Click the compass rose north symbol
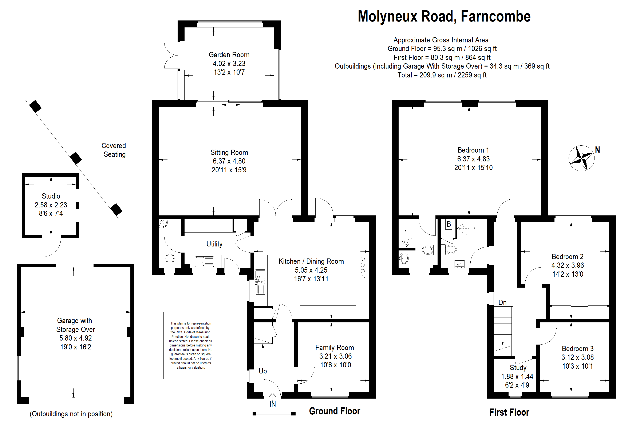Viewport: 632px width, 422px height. (581, 158)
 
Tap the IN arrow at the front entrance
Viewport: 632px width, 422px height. (272, 396)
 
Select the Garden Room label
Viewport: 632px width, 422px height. (229, 55)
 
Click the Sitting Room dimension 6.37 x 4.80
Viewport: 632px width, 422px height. (229, 161)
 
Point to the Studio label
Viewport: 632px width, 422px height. (51, 196)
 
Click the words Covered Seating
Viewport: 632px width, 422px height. (114, 150)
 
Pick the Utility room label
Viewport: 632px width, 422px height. (214, 244)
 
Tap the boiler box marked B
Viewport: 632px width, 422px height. (449, 224)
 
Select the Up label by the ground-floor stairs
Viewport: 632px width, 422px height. (263, 371)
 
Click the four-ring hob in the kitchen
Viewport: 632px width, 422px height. (363, 268)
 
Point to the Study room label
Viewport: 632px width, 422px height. (518, 368)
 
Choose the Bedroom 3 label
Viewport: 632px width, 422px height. (577, 349)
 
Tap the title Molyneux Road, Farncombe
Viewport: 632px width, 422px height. (444, 16)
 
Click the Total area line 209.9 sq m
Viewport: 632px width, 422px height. (442, 75)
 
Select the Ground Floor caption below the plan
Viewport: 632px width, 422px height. (335, 411)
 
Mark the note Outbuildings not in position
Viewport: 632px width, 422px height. (71, 414)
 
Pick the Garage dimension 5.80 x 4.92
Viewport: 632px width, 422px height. (75, 338)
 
